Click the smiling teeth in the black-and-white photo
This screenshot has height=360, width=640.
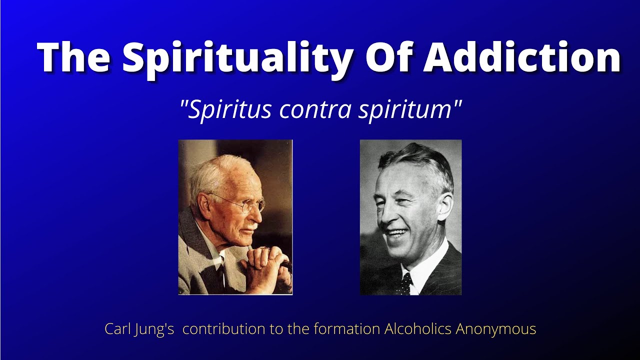click(398, 232)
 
